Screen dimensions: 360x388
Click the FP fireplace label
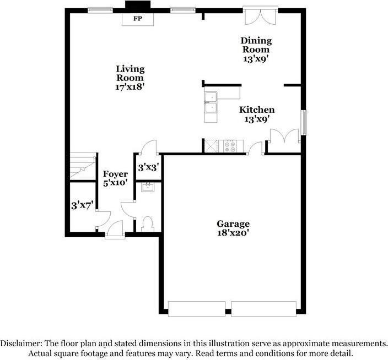click(x=137, y=18)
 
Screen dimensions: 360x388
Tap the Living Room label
click(x=130, y=73)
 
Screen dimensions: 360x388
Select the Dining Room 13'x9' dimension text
click(x=256, y=58)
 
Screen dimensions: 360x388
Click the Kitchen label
click(x=256, y=110)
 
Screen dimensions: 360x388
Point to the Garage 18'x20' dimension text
click(x=233, y=233)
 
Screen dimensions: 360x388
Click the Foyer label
click(x=116, y=174)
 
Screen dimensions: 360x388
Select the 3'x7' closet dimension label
click(x=82, y=205)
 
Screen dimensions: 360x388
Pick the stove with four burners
click(x=231, y=146)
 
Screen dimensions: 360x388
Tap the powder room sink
click(x=147, y=188)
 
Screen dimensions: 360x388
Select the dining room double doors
click(x=258, y=16)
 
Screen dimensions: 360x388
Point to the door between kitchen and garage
click(x=254, y=149)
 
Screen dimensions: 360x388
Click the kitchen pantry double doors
click(x=284, y=137)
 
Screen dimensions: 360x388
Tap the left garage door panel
click(x=196, y=309)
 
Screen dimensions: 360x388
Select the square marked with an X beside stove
click(x=211, y=146)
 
